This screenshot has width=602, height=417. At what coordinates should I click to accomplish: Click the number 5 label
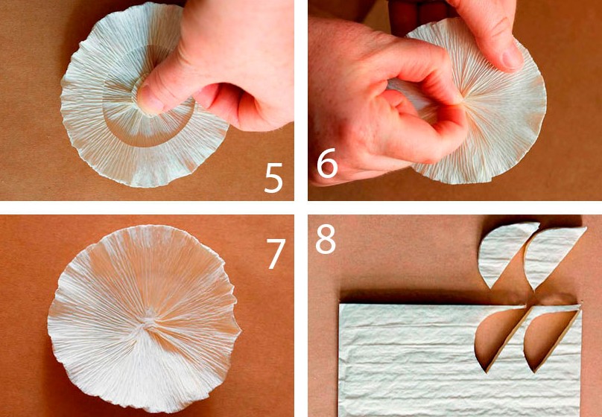point(273,178)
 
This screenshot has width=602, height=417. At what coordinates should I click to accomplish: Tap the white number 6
point(327,163)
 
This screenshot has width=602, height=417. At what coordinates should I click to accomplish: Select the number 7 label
point(276,254)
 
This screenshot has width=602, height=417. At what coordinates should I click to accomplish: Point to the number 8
point(326,239)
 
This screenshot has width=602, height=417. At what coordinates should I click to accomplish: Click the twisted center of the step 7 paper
point(147,323)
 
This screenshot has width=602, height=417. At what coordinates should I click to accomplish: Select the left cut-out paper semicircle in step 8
point(503,251)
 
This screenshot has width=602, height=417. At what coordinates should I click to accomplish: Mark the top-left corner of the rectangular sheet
point(340,305)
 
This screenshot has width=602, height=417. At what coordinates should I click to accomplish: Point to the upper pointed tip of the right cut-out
point(586,228)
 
